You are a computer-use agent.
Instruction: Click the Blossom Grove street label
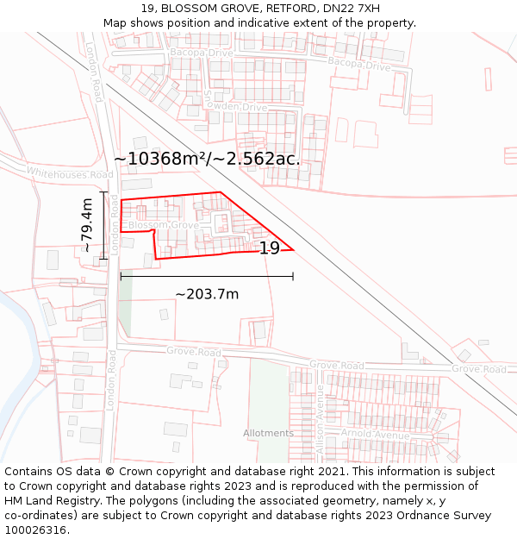[x=163, y=226]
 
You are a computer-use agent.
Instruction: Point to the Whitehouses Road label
[x=69, y=173]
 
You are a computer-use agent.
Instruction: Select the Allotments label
[x=268, y=433]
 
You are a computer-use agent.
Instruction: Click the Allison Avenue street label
[x=320, y=419]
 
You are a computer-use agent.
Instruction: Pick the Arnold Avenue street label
[x=375, y=434]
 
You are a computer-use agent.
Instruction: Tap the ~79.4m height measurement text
[x=87, y=225]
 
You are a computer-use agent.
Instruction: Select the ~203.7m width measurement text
[x=207, y=294]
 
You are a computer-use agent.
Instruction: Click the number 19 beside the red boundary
[x=270, y=248]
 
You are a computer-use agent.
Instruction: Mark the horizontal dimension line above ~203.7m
[x=207, y=276]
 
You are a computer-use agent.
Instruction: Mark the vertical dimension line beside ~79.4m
[x=103, y=225]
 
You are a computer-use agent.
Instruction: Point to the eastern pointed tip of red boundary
[x=293, y=250]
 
